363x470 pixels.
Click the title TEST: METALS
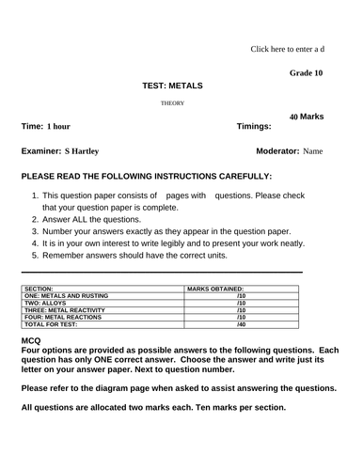(171, 86)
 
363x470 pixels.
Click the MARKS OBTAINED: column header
(215, 290)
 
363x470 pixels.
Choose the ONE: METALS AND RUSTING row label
(65, 296)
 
